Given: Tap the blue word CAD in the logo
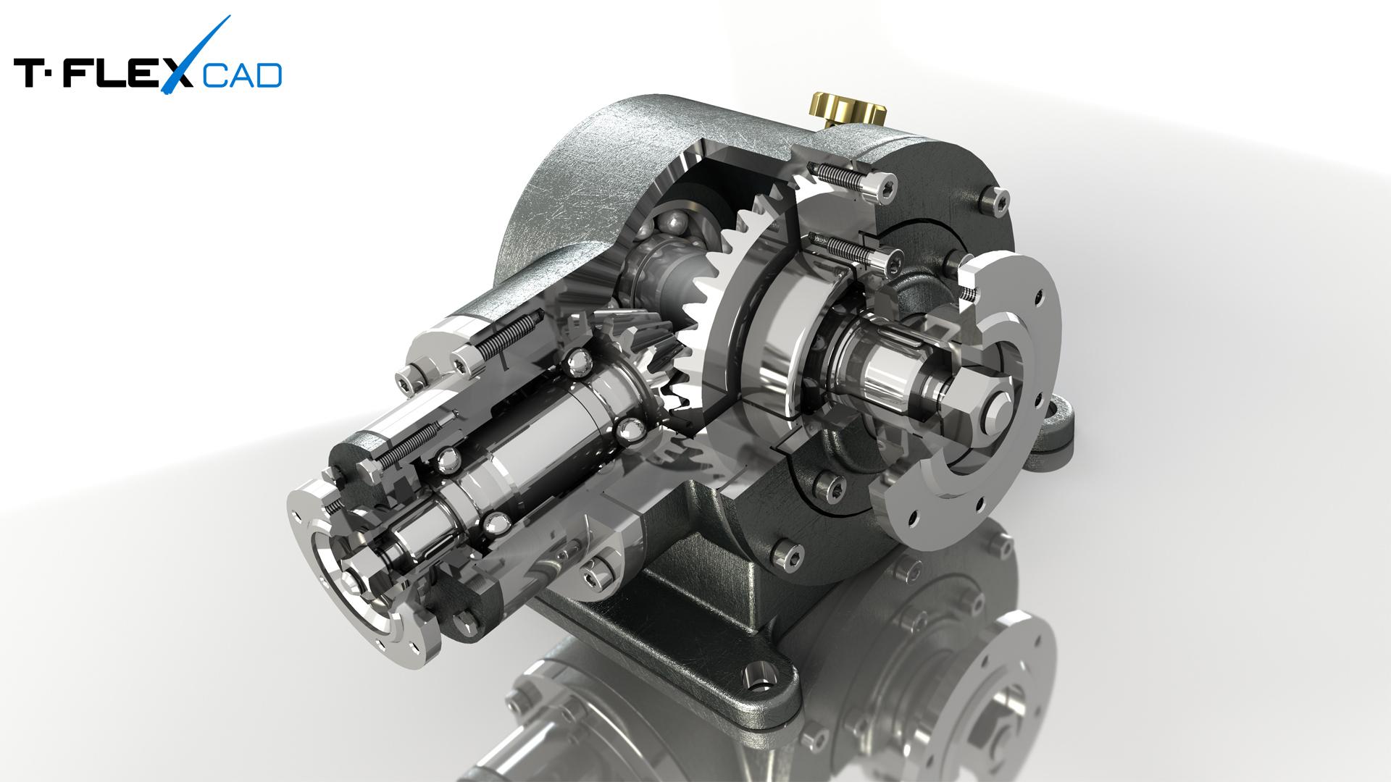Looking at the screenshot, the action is [241, 75].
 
